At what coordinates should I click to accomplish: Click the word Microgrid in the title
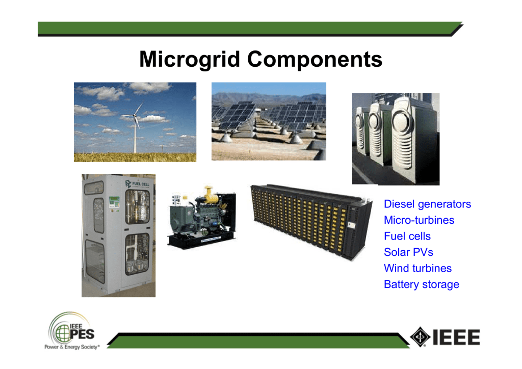190,59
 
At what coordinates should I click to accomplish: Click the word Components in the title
315,59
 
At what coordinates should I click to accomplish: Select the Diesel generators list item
428,204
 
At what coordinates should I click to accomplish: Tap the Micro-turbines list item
419,220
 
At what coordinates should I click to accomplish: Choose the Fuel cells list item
407,236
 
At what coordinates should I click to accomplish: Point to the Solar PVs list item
408,252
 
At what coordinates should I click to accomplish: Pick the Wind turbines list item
418,268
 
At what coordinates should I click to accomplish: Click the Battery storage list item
422,284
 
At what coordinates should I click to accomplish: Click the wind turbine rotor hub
135,116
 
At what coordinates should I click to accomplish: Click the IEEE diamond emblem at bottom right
420,337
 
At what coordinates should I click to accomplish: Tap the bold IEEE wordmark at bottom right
456,337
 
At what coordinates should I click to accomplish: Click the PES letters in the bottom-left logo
82,334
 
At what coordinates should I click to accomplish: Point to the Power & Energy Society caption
72,347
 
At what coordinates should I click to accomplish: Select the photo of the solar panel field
269,121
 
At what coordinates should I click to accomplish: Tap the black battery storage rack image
311,222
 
